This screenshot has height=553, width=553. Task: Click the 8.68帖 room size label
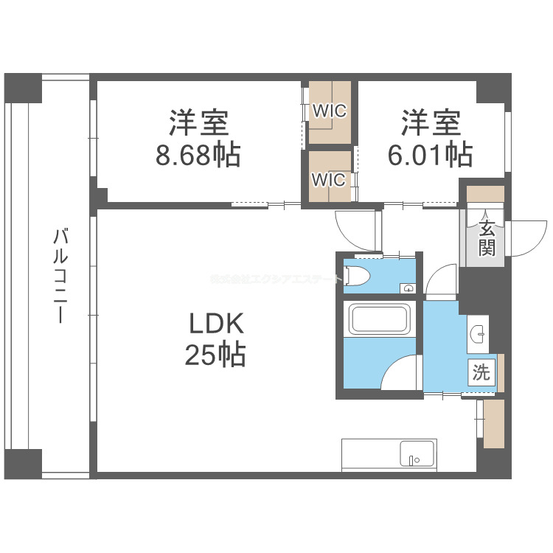(x=198, y=155)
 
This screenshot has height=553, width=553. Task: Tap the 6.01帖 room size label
(x=431, y=155)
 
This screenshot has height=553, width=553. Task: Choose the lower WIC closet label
(x=329, y=179)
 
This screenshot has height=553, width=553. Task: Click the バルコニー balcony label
(x=62, y=276)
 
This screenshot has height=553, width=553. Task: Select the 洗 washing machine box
(x=481, y=372)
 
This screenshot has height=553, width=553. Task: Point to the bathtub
(x=380, y=319)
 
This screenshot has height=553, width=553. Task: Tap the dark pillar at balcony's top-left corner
(x=24, y=89)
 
